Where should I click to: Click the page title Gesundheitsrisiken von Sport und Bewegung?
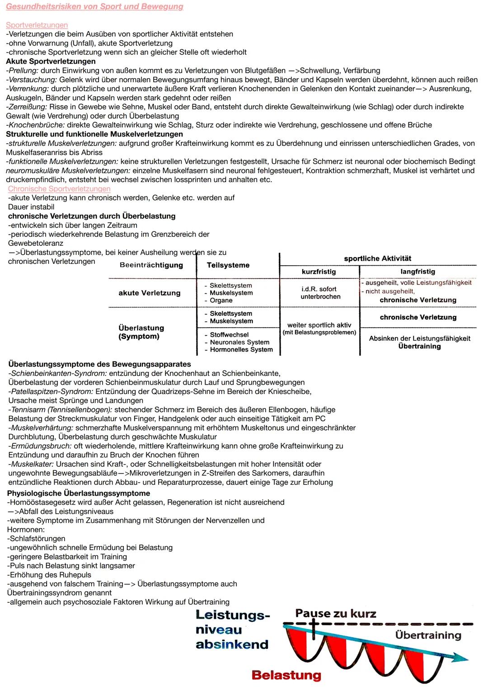coord(94,7)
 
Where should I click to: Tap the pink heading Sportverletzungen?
coord(37,25)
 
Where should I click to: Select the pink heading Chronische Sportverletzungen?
coord(59,189)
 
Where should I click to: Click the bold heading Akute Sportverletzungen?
coord(51,61)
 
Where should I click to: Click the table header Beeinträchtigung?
coord(151,265)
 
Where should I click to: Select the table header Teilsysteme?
coord(228,265)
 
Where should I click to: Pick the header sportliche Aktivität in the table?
coord(377,258)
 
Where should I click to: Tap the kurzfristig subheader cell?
coord(319,272)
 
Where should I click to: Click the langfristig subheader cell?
coord(418,272)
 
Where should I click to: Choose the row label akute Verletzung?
coord(149,293)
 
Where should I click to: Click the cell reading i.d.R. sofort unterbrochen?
coord(320,293)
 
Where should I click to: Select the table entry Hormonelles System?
coord(241,350)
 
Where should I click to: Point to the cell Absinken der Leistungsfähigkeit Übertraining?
coord(419,342)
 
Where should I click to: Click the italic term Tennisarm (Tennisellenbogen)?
coord(61,410)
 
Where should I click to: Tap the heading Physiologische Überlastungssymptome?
coord(79,493)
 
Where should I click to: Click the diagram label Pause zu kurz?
coord(335,614)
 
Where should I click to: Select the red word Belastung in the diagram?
coord(286,675)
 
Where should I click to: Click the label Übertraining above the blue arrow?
coord(428,635)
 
